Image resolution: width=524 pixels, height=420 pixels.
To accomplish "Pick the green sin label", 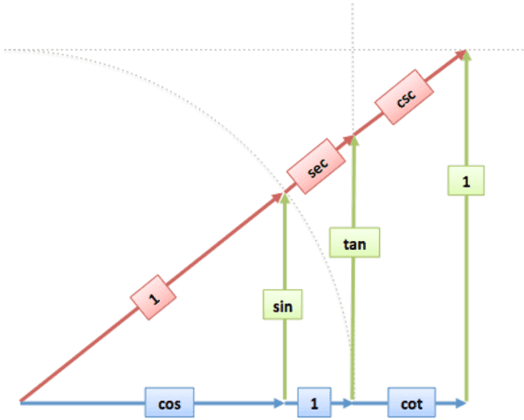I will coord(284,306).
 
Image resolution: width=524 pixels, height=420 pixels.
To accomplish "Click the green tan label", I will coord(354,243).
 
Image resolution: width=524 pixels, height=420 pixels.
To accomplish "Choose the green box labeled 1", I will coord(466,181).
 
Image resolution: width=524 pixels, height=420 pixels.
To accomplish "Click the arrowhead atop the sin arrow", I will coord(284,198).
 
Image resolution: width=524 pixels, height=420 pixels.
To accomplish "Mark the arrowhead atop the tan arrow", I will coord(354,141).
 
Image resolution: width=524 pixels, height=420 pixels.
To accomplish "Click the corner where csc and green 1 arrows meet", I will coord(466,52).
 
